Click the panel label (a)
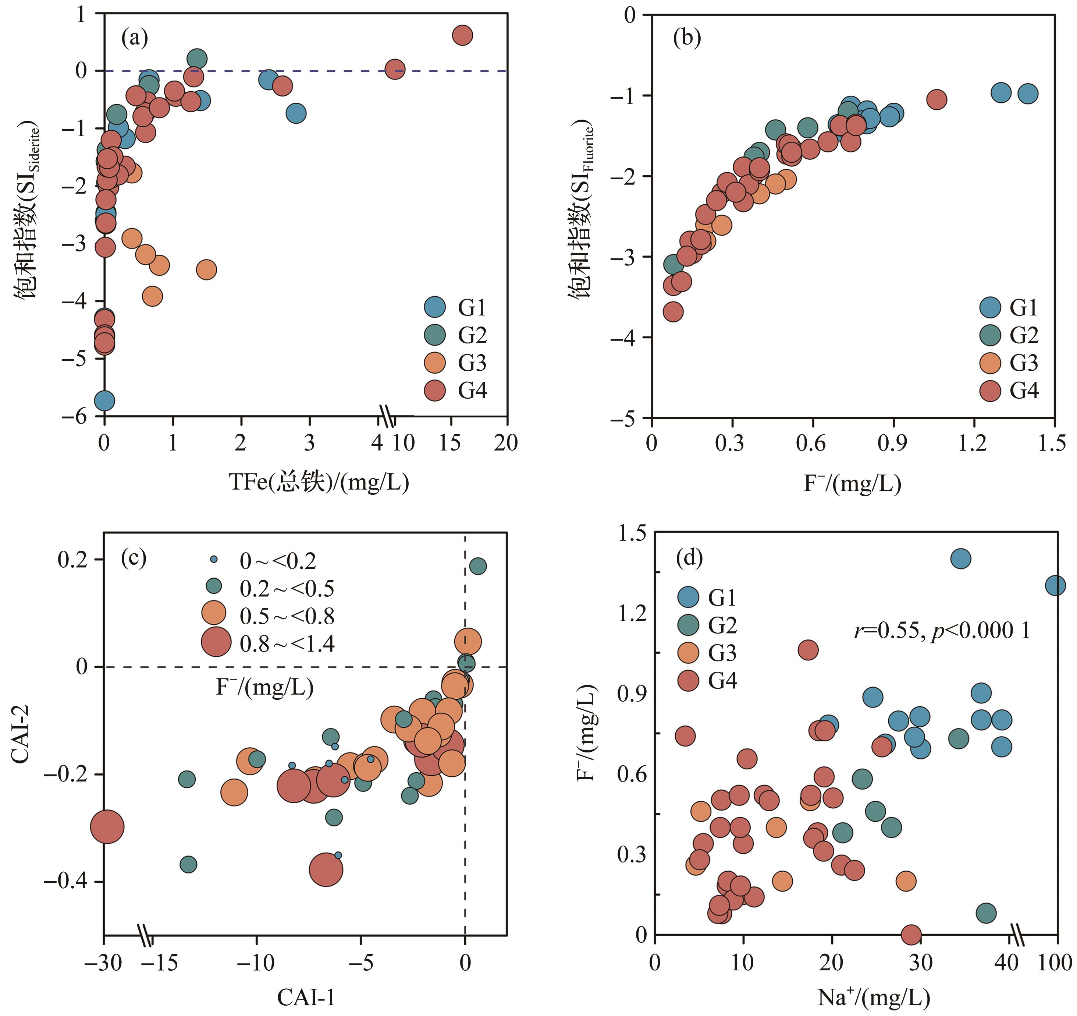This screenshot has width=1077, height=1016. pyautogui.click(x=134, y=39)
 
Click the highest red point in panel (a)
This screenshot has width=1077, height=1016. pyautogui.click(x=462, y=35)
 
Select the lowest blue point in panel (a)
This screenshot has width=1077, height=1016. pyautogui.click(x=104, y=401)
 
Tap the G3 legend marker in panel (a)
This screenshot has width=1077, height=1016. pyautogui.click(x=434, y=363)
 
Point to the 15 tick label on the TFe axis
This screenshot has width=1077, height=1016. pyautogui.click(x=449, y=443)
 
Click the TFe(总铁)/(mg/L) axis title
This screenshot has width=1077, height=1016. pyautogui.click(x=319, y=481)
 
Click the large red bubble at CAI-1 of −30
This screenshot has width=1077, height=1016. pyautogui.click(x=107, y=827)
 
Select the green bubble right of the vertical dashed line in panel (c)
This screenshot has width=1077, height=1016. pyautogui.click(x=477, y=566)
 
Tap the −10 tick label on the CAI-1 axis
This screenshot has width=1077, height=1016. pyautogui.click(x=257, y=962)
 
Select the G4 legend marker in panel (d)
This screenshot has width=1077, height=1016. pyautogui.click(x=689, y=680)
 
